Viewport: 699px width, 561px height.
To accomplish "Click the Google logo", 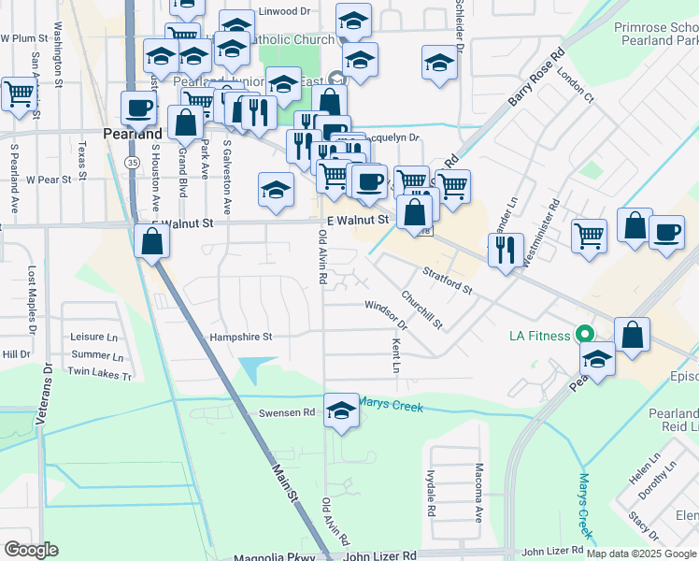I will click(31, 549).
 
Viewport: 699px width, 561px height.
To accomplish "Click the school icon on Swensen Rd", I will click(341, 410).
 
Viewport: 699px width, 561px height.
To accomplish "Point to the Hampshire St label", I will click(240, 337).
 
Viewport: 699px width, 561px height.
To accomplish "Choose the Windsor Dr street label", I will click(386, 313).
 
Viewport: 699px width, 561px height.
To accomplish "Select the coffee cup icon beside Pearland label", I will click(138, 108).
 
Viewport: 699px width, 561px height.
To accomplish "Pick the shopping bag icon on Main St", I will click(150, 240).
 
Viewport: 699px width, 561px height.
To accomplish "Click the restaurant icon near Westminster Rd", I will click(506, 250).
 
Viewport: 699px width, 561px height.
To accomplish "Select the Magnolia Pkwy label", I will click(269, 556).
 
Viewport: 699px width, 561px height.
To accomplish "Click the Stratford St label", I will click(448, 279).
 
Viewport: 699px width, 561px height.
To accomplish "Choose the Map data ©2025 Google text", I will click(640, 554).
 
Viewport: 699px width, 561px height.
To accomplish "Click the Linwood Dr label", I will click(284, 11).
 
